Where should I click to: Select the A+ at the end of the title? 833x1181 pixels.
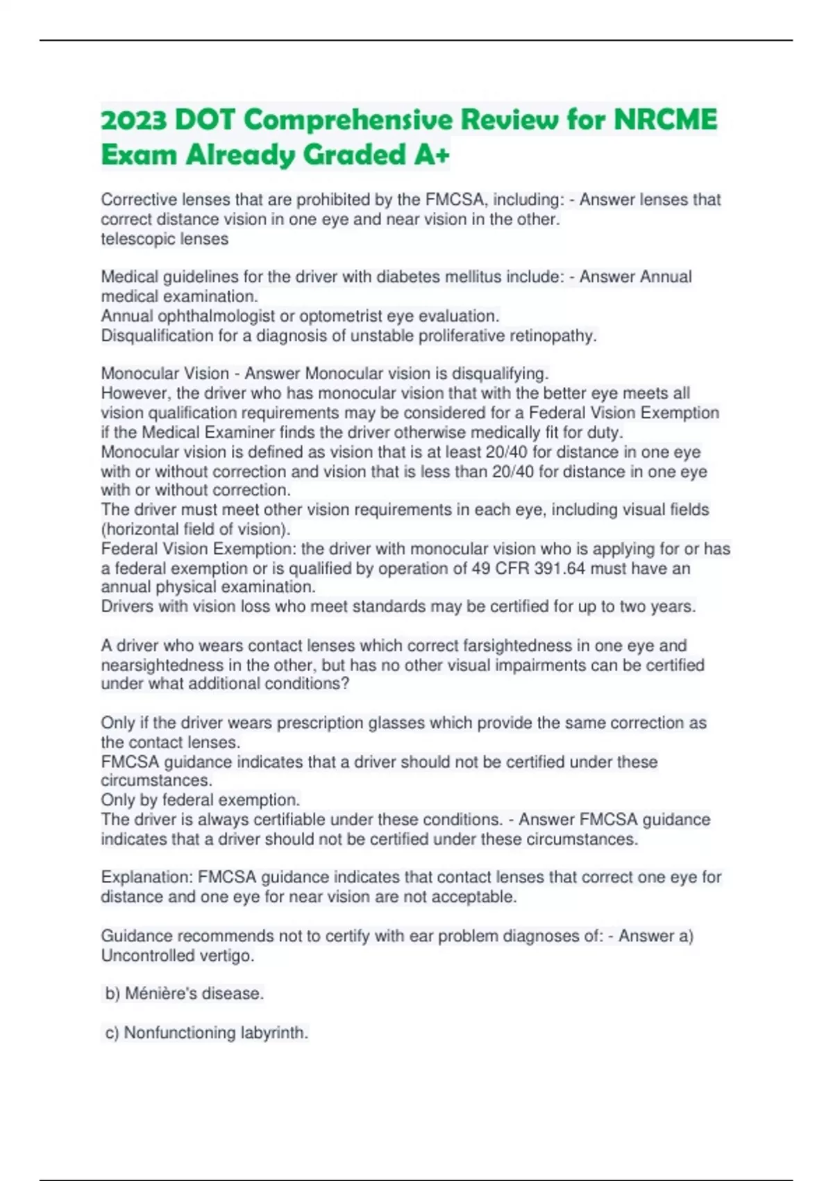coord(431,154)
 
